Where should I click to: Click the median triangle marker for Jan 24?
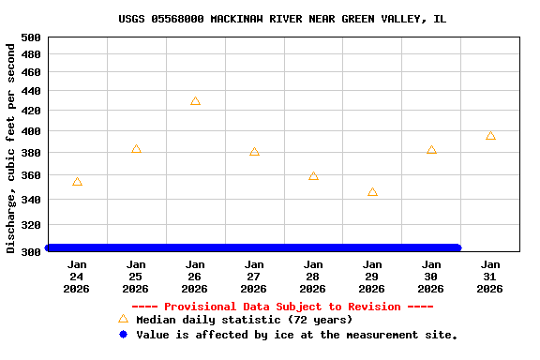[x=77, y=182]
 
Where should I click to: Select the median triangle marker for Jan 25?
[x=136, y=149]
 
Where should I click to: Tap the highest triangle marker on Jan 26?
[x=195, y=101]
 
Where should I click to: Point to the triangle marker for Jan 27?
[x=254, y=151]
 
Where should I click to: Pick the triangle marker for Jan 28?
[x=313, y=176]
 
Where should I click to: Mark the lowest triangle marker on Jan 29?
[x=372, y=192]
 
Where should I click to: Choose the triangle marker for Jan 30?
[x=431, y=150]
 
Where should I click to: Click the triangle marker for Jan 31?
[x=490, y=136]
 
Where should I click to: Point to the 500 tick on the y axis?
[x=31, y=37]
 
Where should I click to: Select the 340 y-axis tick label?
[x=31, y=200]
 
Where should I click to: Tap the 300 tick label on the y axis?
[x=31, y=251]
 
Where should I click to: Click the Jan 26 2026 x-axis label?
[x=195, y=277]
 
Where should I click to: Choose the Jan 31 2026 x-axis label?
[x=490, y=277]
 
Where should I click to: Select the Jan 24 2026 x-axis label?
[x=77, y=277]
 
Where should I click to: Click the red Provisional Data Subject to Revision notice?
[x=282, y=307]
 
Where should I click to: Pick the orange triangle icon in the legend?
[x=123, y=319]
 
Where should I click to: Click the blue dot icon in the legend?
[x=123, y=334]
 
